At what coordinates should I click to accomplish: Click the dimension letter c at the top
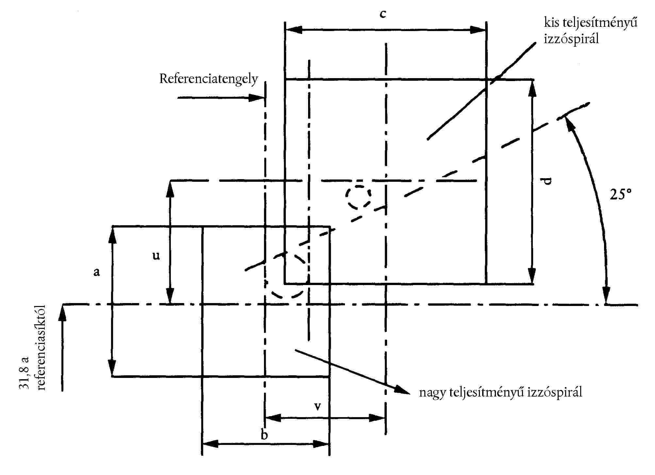pyautogui.click(x=383, y=14)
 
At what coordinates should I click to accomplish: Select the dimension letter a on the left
pyautogui.click(x=96, y=272)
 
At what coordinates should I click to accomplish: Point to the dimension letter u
pyautogui.click(x=156, y=255)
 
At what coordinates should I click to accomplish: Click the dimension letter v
pyautogui.click(x=317, y=406)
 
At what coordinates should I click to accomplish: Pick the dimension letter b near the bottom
pyautogui.click(x=264, y=434)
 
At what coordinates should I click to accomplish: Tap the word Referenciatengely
pyautogui.click(x=208, y=79)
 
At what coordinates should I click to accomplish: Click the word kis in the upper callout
pyautogui.click(x=551, y=23)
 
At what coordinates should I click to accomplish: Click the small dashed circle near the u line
pyautogui.click(x=358, y=197)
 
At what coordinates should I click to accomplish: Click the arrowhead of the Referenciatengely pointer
pyautogui.click(x=257, y=98)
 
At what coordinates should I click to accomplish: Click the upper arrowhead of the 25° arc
pyautogui.click(x=569, y=124)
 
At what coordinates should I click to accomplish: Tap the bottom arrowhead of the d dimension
pyautogui.click(x=532, y=276)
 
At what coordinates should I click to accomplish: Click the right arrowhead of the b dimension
pyautogui.click(x=321, y=444)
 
